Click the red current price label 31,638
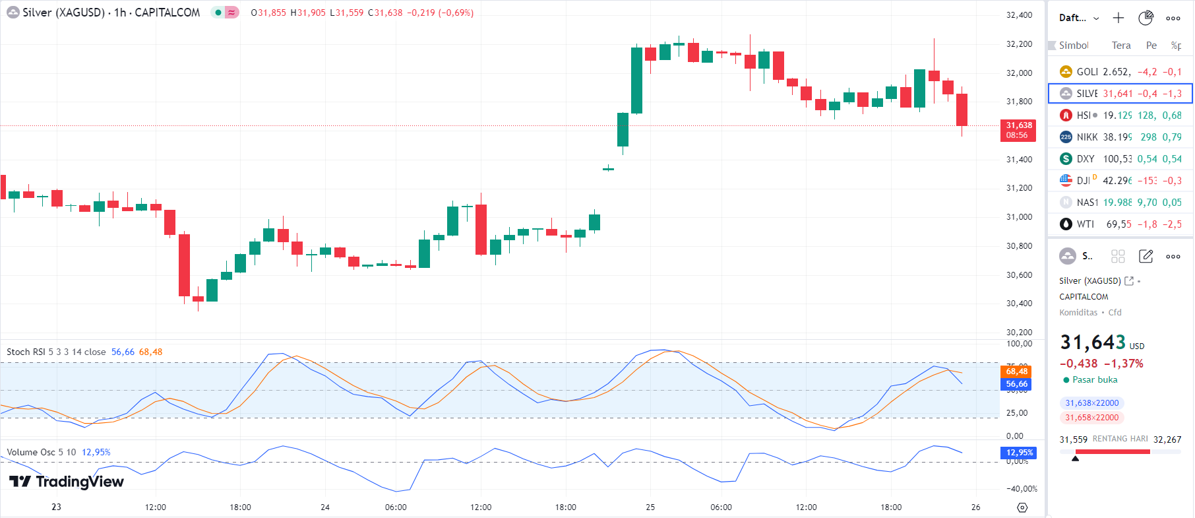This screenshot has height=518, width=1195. (x=1018, y=130)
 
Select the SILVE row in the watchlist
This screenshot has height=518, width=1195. (x=1120, y=94)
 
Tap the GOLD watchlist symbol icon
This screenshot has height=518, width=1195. (x=1066, y=71)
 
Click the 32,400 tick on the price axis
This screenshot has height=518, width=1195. (x=1019, y=15)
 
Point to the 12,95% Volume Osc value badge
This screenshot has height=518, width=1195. (x=1019, y=453)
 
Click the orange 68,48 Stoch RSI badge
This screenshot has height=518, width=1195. (x=1016, y=372)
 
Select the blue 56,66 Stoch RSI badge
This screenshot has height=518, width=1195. (x=1016, y=384)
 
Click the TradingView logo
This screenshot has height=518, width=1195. (x=67, y=482)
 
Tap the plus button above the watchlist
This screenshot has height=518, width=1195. (x=1118, y=18)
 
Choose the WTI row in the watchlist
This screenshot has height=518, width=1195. (x=1120, y=224)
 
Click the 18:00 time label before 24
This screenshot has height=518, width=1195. (x=240, y=507)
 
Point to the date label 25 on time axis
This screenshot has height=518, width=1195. (x=650, y=507)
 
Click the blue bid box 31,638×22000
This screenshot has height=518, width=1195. (x=1091, y=403)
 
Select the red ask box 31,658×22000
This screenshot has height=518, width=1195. (x=1091, y=418)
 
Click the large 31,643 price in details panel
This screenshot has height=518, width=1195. (x=1092, y=342)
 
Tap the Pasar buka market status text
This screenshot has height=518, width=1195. (x=1095, y=380)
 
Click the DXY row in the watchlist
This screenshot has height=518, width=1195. (x=1120, y=159)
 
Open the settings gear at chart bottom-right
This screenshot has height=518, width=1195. (x=1022, y=507)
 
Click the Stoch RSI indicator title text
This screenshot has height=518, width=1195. (x=56, y=352)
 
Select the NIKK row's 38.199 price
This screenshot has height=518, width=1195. (x=1117, y=137)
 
